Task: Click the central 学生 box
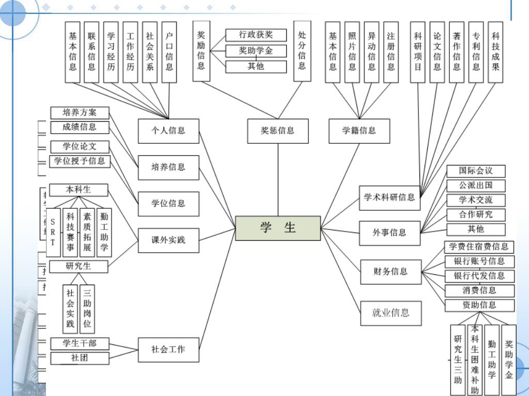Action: point(278,228)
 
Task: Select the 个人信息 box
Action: point(168,131)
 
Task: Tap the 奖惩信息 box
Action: point(278,131)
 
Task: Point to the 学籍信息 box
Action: point(359,131)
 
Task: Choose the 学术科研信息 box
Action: point(389,197)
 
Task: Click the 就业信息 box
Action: point(391,312)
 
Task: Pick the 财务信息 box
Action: point(391,271)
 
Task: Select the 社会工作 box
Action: point(168,349)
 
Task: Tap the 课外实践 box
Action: point(168,240)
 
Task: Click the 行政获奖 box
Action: point(256,35)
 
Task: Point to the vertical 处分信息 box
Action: point(302,51)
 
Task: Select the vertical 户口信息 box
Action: point(169,52)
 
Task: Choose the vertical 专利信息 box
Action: point(476,52)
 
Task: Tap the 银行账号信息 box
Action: point(479,261)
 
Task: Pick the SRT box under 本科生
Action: point(53,233)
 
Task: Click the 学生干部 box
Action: point(80,343)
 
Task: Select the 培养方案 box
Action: point(80,112)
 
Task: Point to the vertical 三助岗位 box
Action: point(87,308)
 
